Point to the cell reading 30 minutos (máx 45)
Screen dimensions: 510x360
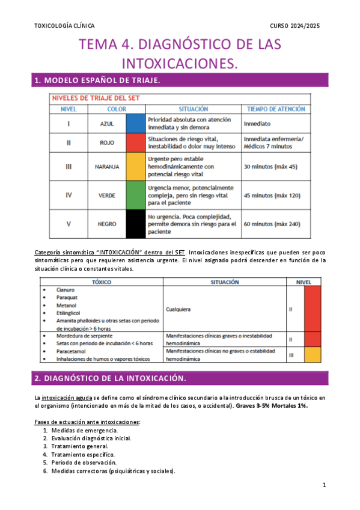coord(270,166)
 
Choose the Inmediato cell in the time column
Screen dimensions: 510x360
coord(257,123)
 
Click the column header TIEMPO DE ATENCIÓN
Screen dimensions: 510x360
coord(276,109)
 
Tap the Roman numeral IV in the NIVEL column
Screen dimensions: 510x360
coord(69,195)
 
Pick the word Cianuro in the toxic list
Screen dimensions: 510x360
coord(65,290)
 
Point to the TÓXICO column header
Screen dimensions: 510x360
coord(102,281)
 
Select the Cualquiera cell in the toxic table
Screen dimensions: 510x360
coord(179,309)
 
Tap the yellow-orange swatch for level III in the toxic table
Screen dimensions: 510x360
coord(313,355)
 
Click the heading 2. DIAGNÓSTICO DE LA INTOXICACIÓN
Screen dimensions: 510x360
coord(110,378)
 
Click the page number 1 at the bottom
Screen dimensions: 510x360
coord(324,485)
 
